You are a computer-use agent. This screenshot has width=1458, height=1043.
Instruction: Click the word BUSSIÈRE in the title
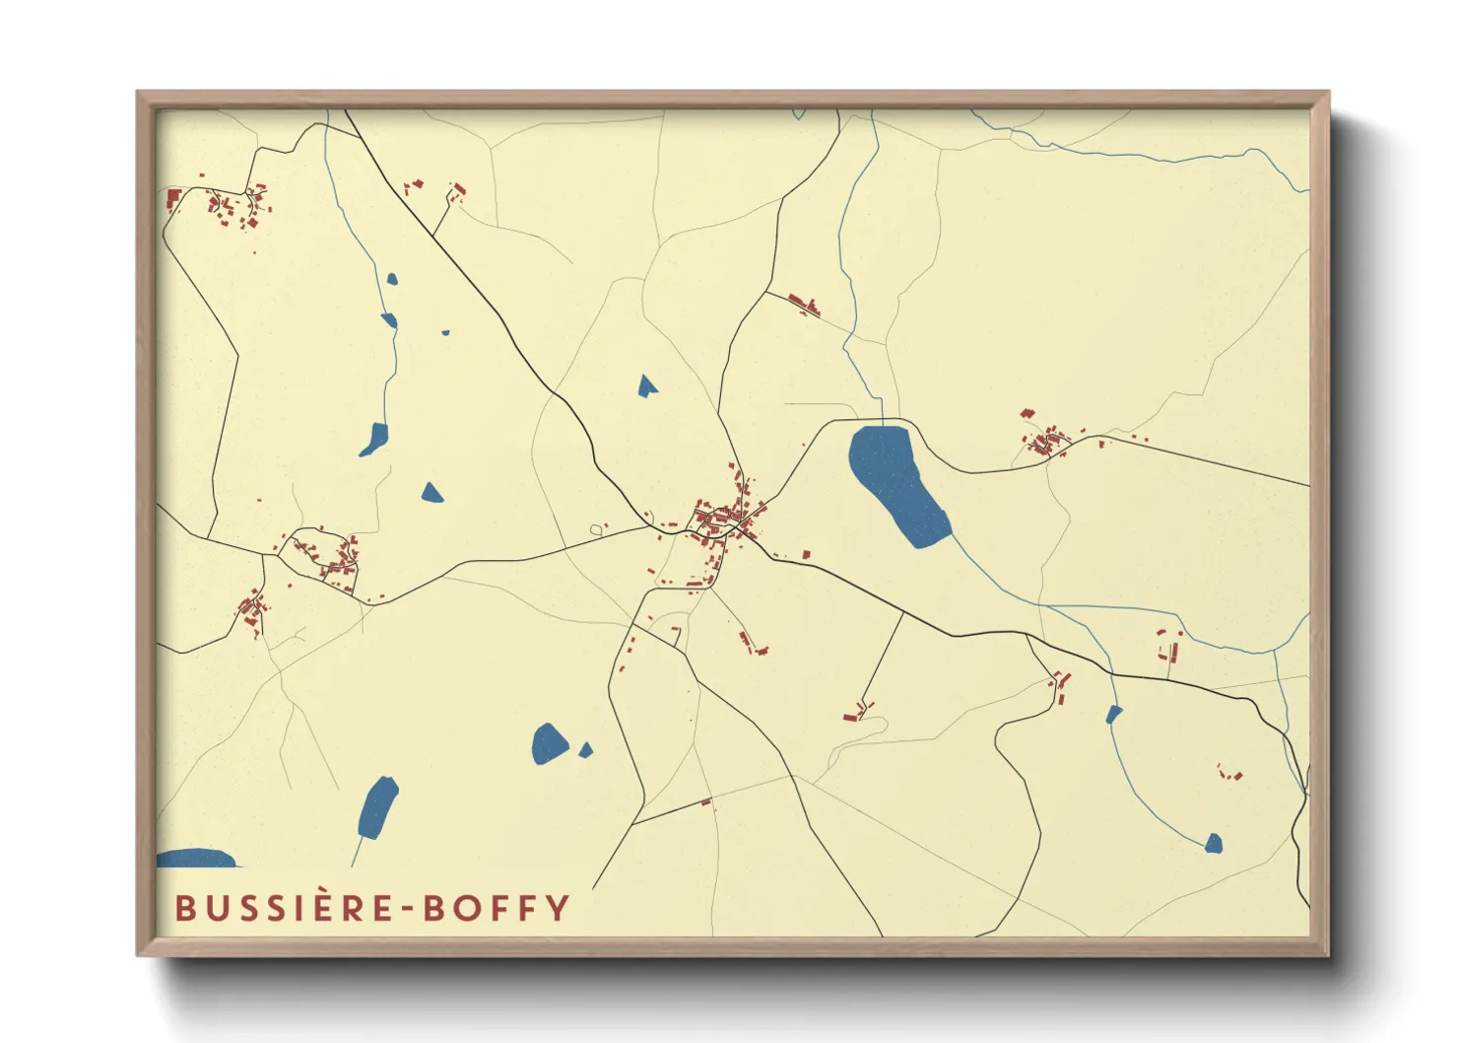pyautogui.click(x=286, y=908)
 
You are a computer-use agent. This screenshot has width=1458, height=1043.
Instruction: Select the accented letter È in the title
pyautogui.click(x=325, y=907)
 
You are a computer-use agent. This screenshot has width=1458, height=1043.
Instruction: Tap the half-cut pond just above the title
pyautogui.click(x=197, y=859)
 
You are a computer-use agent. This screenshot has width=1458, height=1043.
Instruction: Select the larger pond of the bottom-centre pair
pyautogui.click(x=549, y=743)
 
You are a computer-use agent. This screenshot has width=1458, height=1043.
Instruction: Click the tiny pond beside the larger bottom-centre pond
pyautogui.click(x=585, y=751)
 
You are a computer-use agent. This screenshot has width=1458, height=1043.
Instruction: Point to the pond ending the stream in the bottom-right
pyautogui.click(x=1214, y=843)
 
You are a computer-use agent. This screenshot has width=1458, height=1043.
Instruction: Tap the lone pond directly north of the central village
pyautogui.click(x=646, y=385)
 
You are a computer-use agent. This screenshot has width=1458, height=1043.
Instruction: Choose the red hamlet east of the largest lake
pyautogui.click(x=1046, y=439)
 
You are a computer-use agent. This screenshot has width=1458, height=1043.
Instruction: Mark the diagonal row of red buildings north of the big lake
pyautogui.click(x=804, y=304)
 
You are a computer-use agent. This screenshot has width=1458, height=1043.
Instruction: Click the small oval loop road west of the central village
pyautogui.click(x=596, y=530)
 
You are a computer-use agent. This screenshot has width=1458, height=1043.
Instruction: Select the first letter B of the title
pyautogui.click(x=184, y=908)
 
